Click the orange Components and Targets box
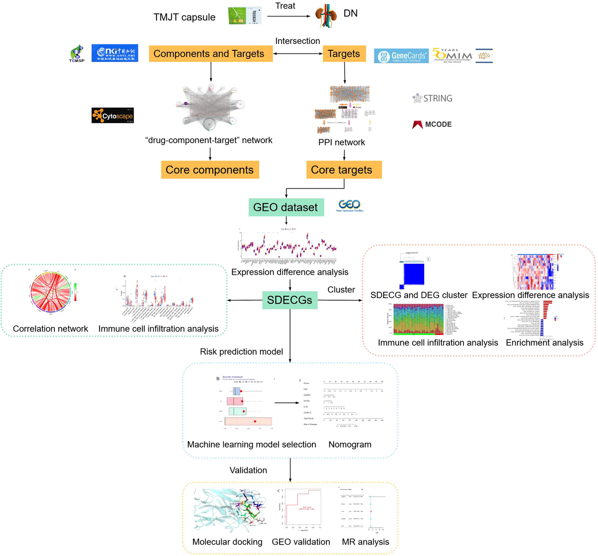[210, 53]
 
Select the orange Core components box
[209, 170]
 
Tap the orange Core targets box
[343, 170]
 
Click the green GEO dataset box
[286, 207]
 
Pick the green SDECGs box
[290, 300]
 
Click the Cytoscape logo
[113, 116]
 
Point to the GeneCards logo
[401, 56]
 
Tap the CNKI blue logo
[115, 53]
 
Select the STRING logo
[433, 98]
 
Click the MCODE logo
[432, 124]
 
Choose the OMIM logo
[452, 55]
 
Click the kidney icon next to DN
[326, 16]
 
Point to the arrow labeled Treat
[289, 16]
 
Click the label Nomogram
[350, 444]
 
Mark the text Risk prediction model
[241, 352]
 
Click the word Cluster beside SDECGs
[341, 290]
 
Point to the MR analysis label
[365, 542]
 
